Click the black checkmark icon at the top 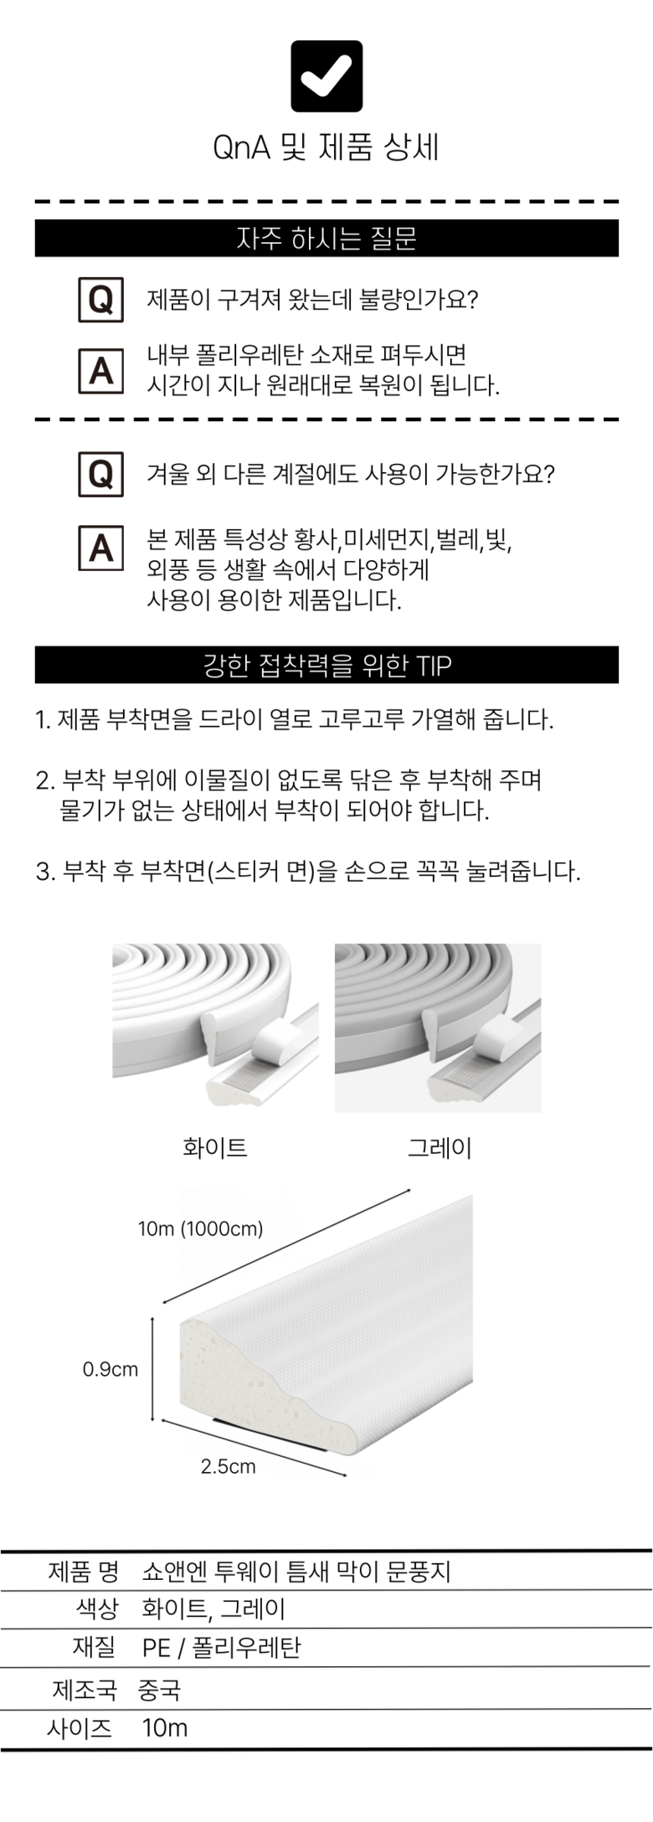point(326,76)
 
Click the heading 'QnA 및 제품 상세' point(326,148)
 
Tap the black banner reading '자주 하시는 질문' point(326,239)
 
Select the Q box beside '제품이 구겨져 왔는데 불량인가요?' point(100,300)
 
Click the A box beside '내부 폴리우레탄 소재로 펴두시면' point(100,370)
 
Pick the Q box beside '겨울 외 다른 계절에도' point(100,475)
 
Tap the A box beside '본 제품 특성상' point(100,548)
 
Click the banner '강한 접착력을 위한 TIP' point(326,665)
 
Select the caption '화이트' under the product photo point(215,1147)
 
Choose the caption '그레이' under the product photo point(440,1147)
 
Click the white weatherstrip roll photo point(215,1027)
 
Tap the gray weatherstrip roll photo point(438,1028)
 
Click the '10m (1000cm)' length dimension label point(201,1228)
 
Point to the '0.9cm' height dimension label point(111,1370)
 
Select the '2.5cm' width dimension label point(228,1466)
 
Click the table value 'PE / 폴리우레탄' point(221,1648)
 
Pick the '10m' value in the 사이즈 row point(165,1727)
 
